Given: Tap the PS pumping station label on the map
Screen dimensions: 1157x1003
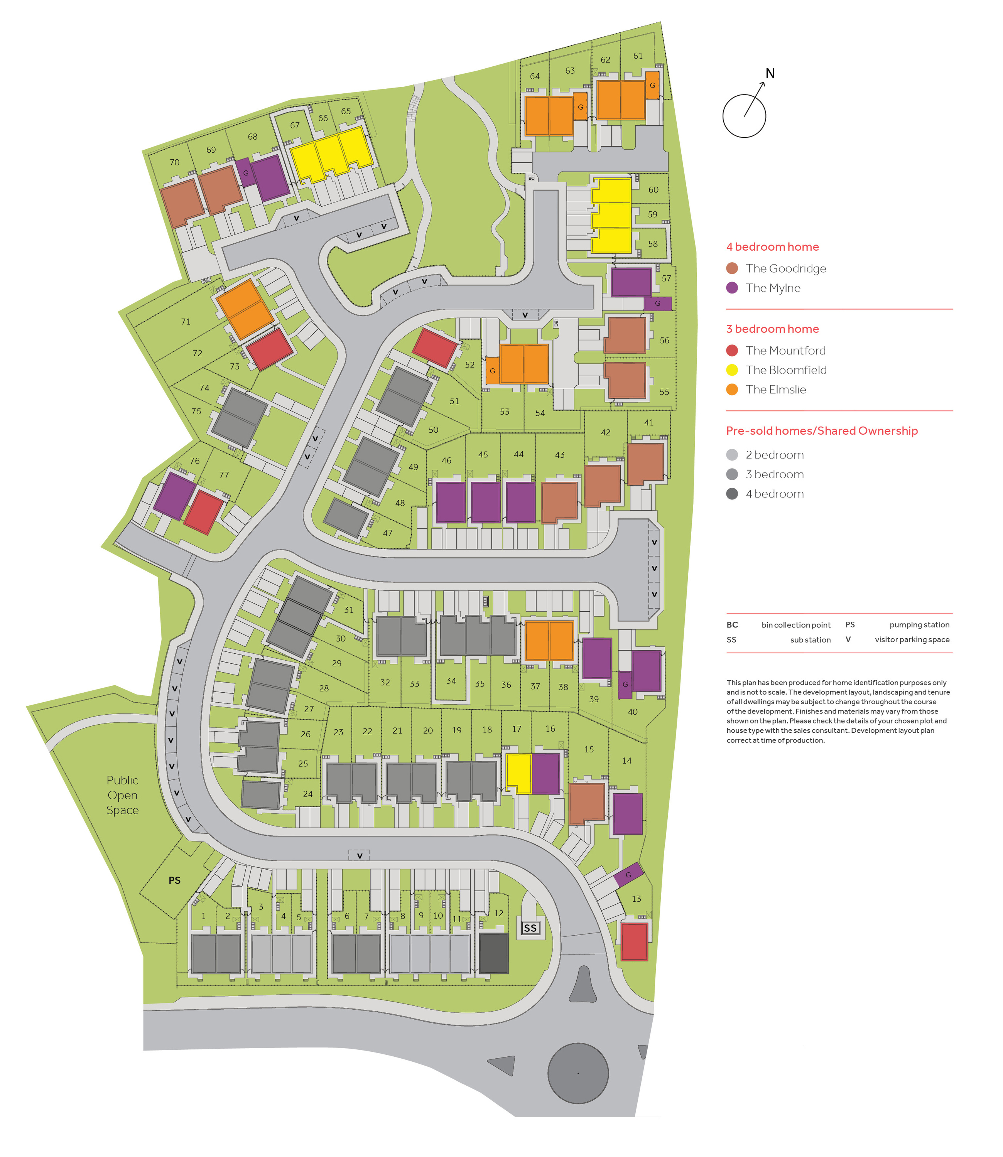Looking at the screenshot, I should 175,880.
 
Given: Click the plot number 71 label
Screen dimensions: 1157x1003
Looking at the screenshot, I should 186,322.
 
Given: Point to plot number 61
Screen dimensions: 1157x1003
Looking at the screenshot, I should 638,56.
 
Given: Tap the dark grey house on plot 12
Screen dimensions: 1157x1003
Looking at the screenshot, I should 494,953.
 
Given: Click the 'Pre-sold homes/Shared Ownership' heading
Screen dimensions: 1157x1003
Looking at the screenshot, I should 822,431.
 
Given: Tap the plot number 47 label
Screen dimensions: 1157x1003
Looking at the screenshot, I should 388,533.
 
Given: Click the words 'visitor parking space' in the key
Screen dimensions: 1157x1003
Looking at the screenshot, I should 912,639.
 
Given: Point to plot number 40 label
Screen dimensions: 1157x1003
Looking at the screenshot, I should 633,712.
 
